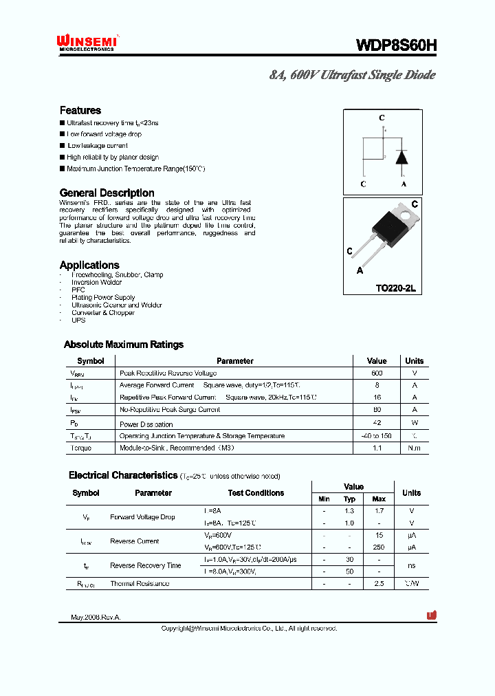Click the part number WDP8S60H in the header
coord(395,45)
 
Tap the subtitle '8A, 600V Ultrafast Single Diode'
coord(352,75)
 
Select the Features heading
coord(80,110)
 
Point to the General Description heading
coord(107,193)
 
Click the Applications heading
coord(89,265)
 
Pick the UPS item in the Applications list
coord(78,320)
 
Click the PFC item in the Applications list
coord(78,290)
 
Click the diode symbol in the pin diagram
coord(403,156)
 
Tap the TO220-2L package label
coord(395,288)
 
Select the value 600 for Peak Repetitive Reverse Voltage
coord(377,373)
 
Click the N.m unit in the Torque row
coord(414,448)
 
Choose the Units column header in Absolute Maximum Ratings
coord(414,360)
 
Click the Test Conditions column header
coord(256,493)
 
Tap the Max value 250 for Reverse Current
coord(379,547)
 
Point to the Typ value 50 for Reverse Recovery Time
coord(349,572)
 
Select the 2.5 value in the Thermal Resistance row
coord(379,583)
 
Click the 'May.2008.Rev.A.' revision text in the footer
coord(96,618)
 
